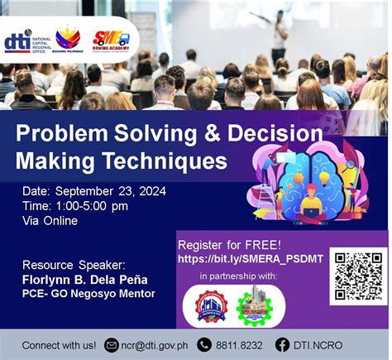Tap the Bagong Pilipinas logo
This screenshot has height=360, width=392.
pos(68,38)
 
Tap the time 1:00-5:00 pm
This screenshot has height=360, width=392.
pos(75,205)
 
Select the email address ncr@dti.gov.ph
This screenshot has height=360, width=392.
pos(155,344)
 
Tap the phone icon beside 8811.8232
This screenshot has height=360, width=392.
pos(203,344)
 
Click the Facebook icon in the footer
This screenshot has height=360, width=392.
pos(282,344)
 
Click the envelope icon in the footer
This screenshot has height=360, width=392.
pos(112,344)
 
